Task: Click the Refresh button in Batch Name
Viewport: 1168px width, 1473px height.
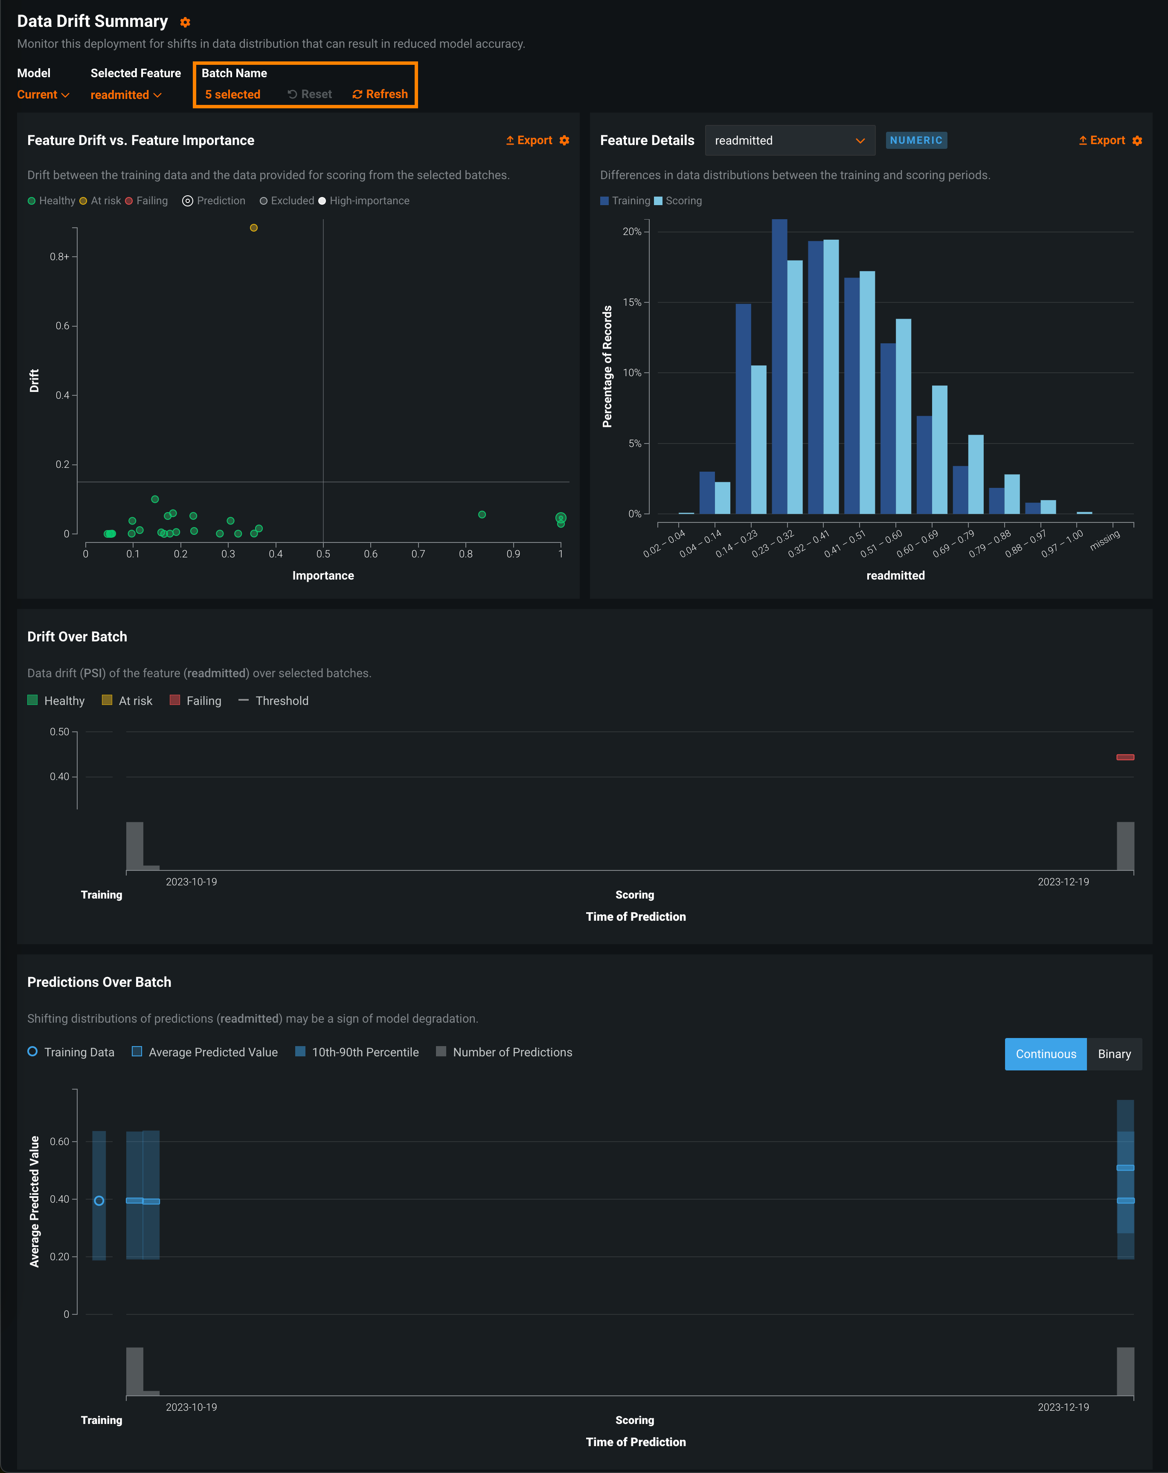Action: [x=380, y=94]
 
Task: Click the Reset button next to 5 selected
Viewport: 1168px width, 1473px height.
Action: [x=310, y=94]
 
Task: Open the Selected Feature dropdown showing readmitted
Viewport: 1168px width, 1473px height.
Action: [x=126, y=95]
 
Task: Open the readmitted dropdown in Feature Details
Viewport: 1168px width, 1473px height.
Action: [x=789, y=140]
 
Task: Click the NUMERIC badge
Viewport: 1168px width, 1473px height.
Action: [x=916, y=140]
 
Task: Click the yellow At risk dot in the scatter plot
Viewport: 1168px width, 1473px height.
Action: [x=253, y=227]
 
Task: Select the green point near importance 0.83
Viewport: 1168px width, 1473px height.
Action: [x=482, y=514]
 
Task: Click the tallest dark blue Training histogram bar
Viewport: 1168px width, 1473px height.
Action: [x=779, y=366]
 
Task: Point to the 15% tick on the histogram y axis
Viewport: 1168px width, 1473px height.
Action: [x=632, y=302]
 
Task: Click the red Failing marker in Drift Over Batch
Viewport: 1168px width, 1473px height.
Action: [x=1125, y=757]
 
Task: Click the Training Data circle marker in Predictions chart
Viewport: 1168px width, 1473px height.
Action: [x=99, y=1200]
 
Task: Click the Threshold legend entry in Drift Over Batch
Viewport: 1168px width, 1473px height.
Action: [x=274, y=701]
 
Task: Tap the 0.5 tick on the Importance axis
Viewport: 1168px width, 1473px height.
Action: [x=323, y=554]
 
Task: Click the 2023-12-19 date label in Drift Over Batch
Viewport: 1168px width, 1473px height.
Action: [x=1063, y=881]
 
